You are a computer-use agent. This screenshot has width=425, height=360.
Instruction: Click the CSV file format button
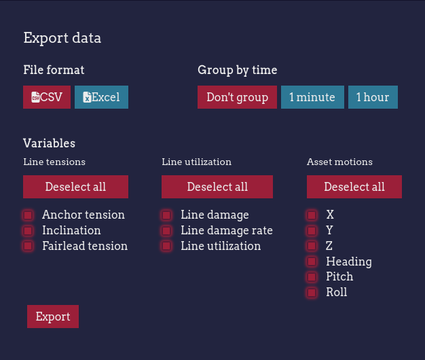tap(47, 97)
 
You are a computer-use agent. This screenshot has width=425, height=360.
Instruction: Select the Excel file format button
tap(101, 97)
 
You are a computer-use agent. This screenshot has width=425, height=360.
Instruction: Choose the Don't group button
tap(237, 97)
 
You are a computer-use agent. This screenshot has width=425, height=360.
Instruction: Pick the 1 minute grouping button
tap(312, 97)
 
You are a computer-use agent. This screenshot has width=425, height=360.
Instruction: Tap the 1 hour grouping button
tap(373, 97)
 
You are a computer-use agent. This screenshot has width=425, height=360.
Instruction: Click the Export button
tap(53, 317)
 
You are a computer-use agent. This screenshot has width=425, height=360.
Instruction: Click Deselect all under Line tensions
tap(75, 187)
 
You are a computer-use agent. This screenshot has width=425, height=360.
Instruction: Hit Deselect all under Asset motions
tap(354, 187)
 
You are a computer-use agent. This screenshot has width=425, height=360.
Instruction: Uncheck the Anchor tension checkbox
tap(28, 215)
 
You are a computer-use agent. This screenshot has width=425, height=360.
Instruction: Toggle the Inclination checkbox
tap(28, 231)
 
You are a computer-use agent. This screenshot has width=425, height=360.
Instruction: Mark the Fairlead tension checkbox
tap(28, 246)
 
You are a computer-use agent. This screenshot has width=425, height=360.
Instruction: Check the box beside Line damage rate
tap(166, 231)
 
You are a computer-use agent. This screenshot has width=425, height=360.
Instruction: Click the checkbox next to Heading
tap(312, 262)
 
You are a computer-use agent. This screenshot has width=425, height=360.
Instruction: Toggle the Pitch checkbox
tap(312, 277)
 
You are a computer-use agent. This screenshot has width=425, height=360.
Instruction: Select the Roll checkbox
tap(312, 293)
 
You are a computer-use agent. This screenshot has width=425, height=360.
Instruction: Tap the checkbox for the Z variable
tap(312, 246)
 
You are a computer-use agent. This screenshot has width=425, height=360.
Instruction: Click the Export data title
tap(62, 38)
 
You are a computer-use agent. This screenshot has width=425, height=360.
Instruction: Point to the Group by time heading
tap(237, 70)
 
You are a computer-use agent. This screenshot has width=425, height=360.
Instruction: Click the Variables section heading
tap(49, 143)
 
